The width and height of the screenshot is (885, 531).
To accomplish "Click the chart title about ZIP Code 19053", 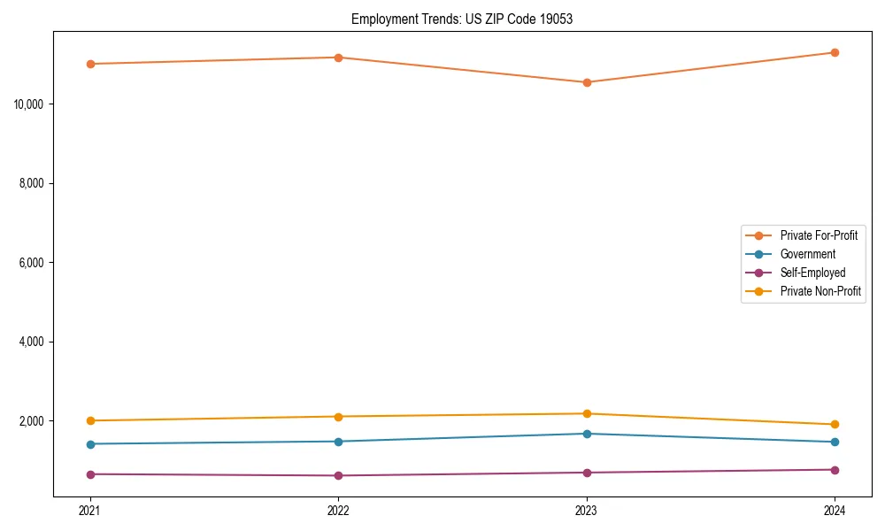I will [x=462, y=19].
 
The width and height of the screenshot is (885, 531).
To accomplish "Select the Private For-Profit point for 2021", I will [x=90, y=64].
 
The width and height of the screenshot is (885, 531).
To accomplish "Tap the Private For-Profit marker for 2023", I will [x=587, y=82].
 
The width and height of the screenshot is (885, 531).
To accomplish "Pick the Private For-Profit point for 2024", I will [x=835, y=52].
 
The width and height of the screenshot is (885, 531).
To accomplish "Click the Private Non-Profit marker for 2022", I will [x=338, y=417].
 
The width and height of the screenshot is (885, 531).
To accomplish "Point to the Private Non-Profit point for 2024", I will [x=835, y=425].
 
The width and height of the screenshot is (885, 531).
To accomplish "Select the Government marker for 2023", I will [x=587, y=434].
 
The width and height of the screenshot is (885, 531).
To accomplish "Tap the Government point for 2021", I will [x=90, y=444].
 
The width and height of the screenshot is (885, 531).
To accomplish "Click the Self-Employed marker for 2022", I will [x=338, y=476].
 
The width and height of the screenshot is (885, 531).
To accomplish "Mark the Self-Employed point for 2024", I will [x=835, y=470].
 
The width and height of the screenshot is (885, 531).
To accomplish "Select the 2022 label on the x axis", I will [x=338, y=510].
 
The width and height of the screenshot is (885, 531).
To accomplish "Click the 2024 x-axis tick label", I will [x=835, y=510].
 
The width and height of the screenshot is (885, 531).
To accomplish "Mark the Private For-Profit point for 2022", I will [x=338, y=58].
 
